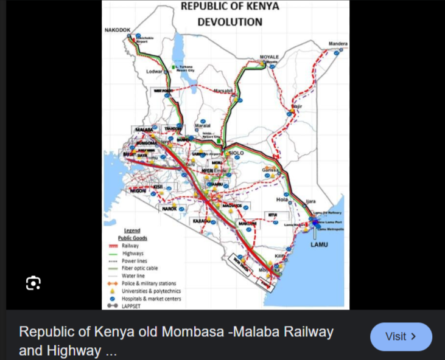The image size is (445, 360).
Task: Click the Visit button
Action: tap(401, 336)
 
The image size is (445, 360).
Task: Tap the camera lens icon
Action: tap(33, 283)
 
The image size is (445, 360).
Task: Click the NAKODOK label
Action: tap(117, 29)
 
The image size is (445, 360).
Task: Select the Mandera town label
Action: tap(338, 44)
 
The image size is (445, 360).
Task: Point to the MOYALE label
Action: tap(269, 57)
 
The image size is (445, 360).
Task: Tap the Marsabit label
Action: tap(223, 91)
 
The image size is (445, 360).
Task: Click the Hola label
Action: tap(281, 199)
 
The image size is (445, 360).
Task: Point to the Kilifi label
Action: tap(280, 256)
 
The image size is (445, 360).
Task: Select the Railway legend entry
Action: tap(130, 246)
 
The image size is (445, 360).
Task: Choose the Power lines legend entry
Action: tap(135, 261)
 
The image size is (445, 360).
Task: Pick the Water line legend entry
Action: tap(133, 275)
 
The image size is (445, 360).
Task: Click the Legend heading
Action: tap(132, 231)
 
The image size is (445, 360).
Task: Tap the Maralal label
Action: tap(202, 126)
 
